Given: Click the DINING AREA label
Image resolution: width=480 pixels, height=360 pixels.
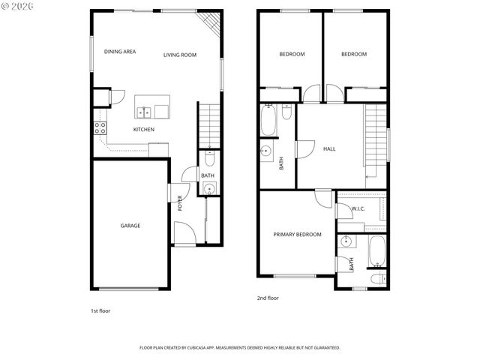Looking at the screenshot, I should [120, 52].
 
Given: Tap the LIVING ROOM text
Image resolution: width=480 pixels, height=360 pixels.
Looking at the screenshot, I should [180, 55].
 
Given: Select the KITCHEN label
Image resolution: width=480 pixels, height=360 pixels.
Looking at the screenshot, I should [144, 130].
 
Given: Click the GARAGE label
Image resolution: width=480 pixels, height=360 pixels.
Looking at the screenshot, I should [130, 225].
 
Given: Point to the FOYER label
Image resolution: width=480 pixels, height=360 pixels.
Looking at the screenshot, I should [180, 203].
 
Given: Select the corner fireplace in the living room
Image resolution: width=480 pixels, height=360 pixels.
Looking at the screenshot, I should [212, 23].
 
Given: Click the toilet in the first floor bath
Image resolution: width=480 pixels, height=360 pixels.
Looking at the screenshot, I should [210, 158].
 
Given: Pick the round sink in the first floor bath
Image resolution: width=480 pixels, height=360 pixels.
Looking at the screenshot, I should [210, 188].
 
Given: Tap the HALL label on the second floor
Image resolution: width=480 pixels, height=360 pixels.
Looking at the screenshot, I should [328, 149].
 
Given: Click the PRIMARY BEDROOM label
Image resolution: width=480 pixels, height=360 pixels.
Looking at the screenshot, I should [297, 235].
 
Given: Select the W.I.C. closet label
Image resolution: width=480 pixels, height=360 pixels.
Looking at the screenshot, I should [358, 208].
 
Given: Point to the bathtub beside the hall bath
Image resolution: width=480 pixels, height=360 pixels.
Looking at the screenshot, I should [269, 120].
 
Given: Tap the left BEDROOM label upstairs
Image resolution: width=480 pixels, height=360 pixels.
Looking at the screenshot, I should [292, 54].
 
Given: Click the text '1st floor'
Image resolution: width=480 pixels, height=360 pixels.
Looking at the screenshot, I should [100, 310].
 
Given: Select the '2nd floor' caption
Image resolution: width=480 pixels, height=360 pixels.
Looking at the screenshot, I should [268, 298].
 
